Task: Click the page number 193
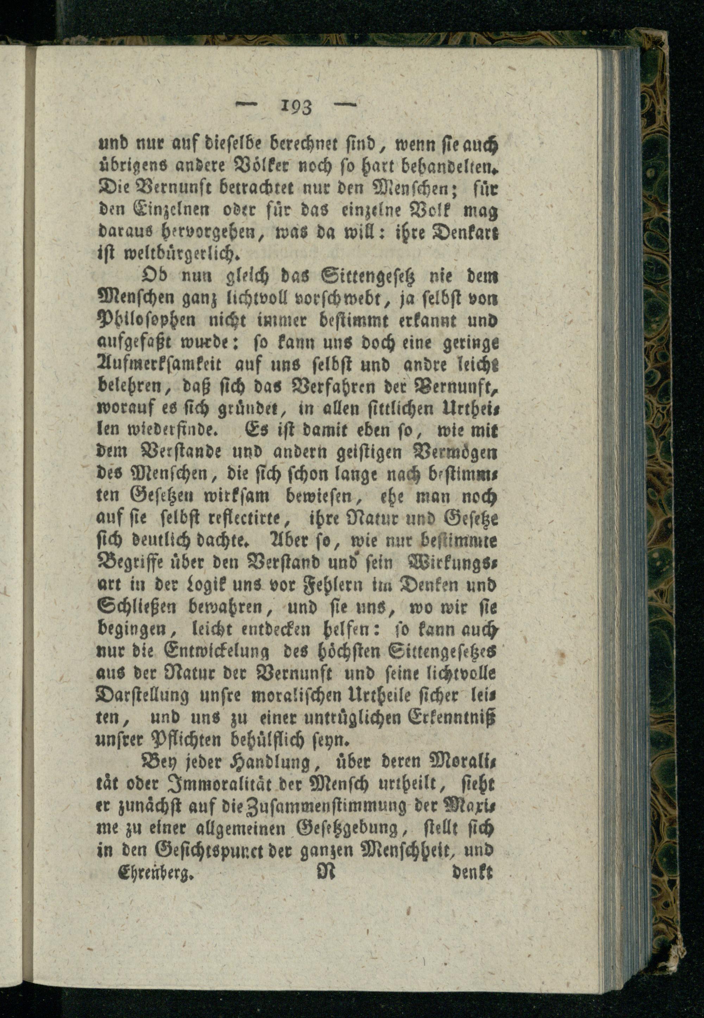tap(296, 107)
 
